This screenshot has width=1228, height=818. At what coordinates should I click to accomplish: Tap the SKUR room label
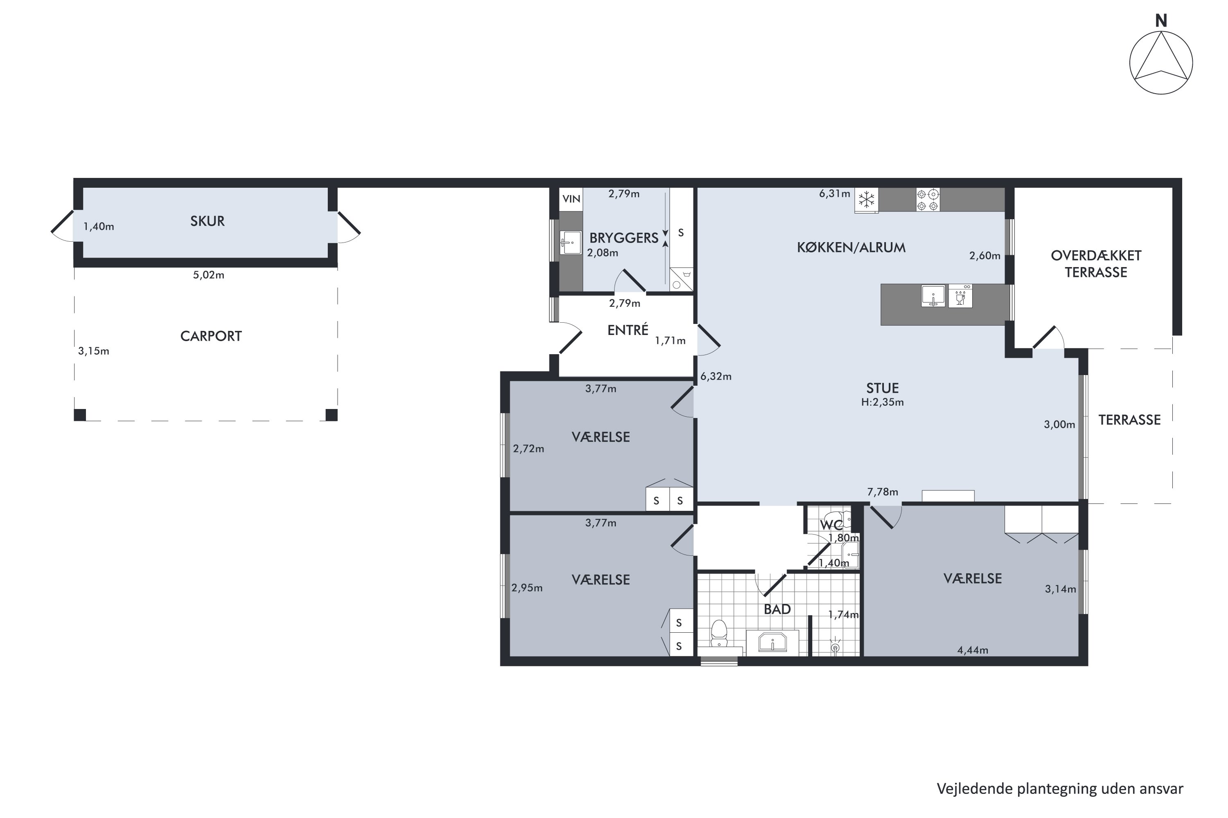pos(207,221)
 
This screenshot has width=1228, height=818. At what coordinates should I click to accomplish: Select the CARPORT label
pos(211,336)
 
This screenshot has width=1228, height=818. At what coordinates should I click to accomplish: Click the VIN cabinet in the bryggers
pos(571,199)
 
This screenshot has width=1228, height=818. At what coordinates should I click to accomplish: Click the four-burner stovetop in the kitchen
pos(928,200)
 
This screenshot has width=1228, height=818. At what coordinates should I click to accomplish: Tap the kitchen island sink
pos(933,296)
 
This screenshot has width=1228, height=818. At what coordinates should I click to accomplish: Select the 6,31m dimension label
pos(834,194)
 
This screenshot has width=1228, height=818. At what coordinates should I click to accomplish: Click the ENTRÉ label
pos(628,330)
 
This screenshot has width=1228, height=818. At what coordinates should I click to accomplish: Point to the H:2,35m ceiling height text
pos(883,402)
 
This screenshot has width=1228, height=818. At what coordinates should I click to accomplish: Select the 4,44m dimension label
pos(973,650)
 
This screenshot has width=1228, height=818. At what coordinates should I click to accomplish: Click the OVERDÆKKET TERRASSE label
pos(1096,264)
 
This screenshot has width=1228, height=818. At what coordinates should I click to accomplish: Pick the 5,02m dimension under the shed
pos(209,275)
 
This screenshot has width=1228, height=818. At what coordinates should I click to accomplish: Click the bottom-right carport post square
pos(332,415)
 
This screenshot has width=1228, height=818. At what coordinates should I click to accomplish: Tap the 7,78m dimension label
pos(883,492)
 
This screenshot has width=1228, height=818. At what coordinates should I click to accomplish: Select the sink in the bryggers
pos(570,243)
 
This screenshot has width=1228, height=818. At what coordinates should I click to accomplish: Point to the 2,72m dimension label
pos(528,449)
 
